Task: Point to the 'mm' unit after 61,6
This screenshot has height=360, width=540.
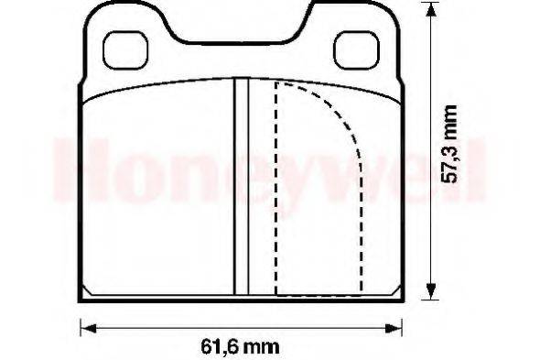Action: click(x=263, y=346)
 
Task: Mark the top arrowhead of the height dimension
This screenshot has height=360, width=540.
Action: click(x=430, y=11)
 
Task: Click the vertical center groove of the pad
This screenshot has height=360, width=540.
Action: click(x=242, y=188)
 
